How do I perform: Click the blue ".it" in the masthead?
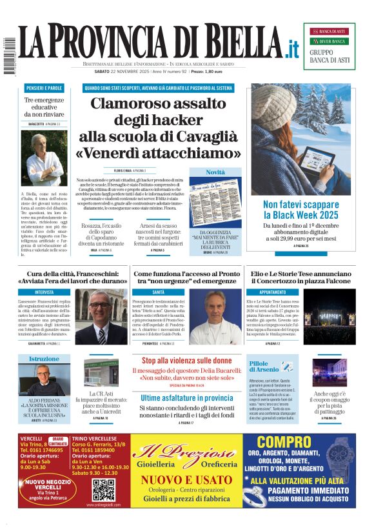[293, 48]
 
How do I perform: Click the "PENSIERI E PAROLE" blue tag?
[44, 87]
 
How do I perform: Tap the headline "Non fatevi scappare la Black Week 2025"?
[301, 209]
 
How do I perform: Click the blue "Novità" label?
[215, 172]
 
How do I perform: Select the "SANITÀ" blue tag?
[159, 292]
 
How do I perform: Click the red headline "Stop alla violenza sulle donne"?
[186, 361]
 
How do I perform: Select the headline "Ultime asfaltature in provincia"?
[186, 397]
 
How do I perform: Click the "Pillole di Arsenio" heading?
[263, 367]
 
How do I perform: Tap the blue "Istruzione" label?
[44, 359]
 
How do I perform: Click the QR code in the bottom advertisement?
[103, 490]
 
